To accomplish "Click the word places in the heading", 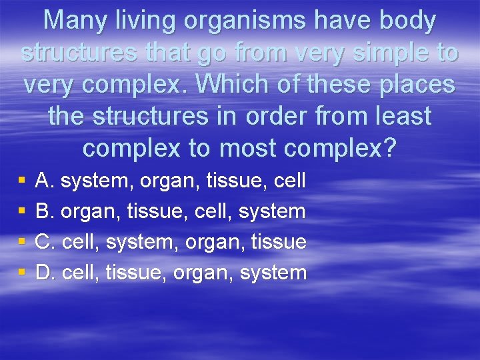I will (x=415, y=85).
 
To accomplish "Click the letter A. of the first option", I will (x=45, y=180).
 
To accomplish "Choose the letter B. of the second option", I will (x=45, y=211).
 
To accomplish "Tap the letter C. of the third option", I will (x=45, y=241).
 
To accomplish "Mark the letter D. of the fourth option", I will (x=45, y=272).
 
